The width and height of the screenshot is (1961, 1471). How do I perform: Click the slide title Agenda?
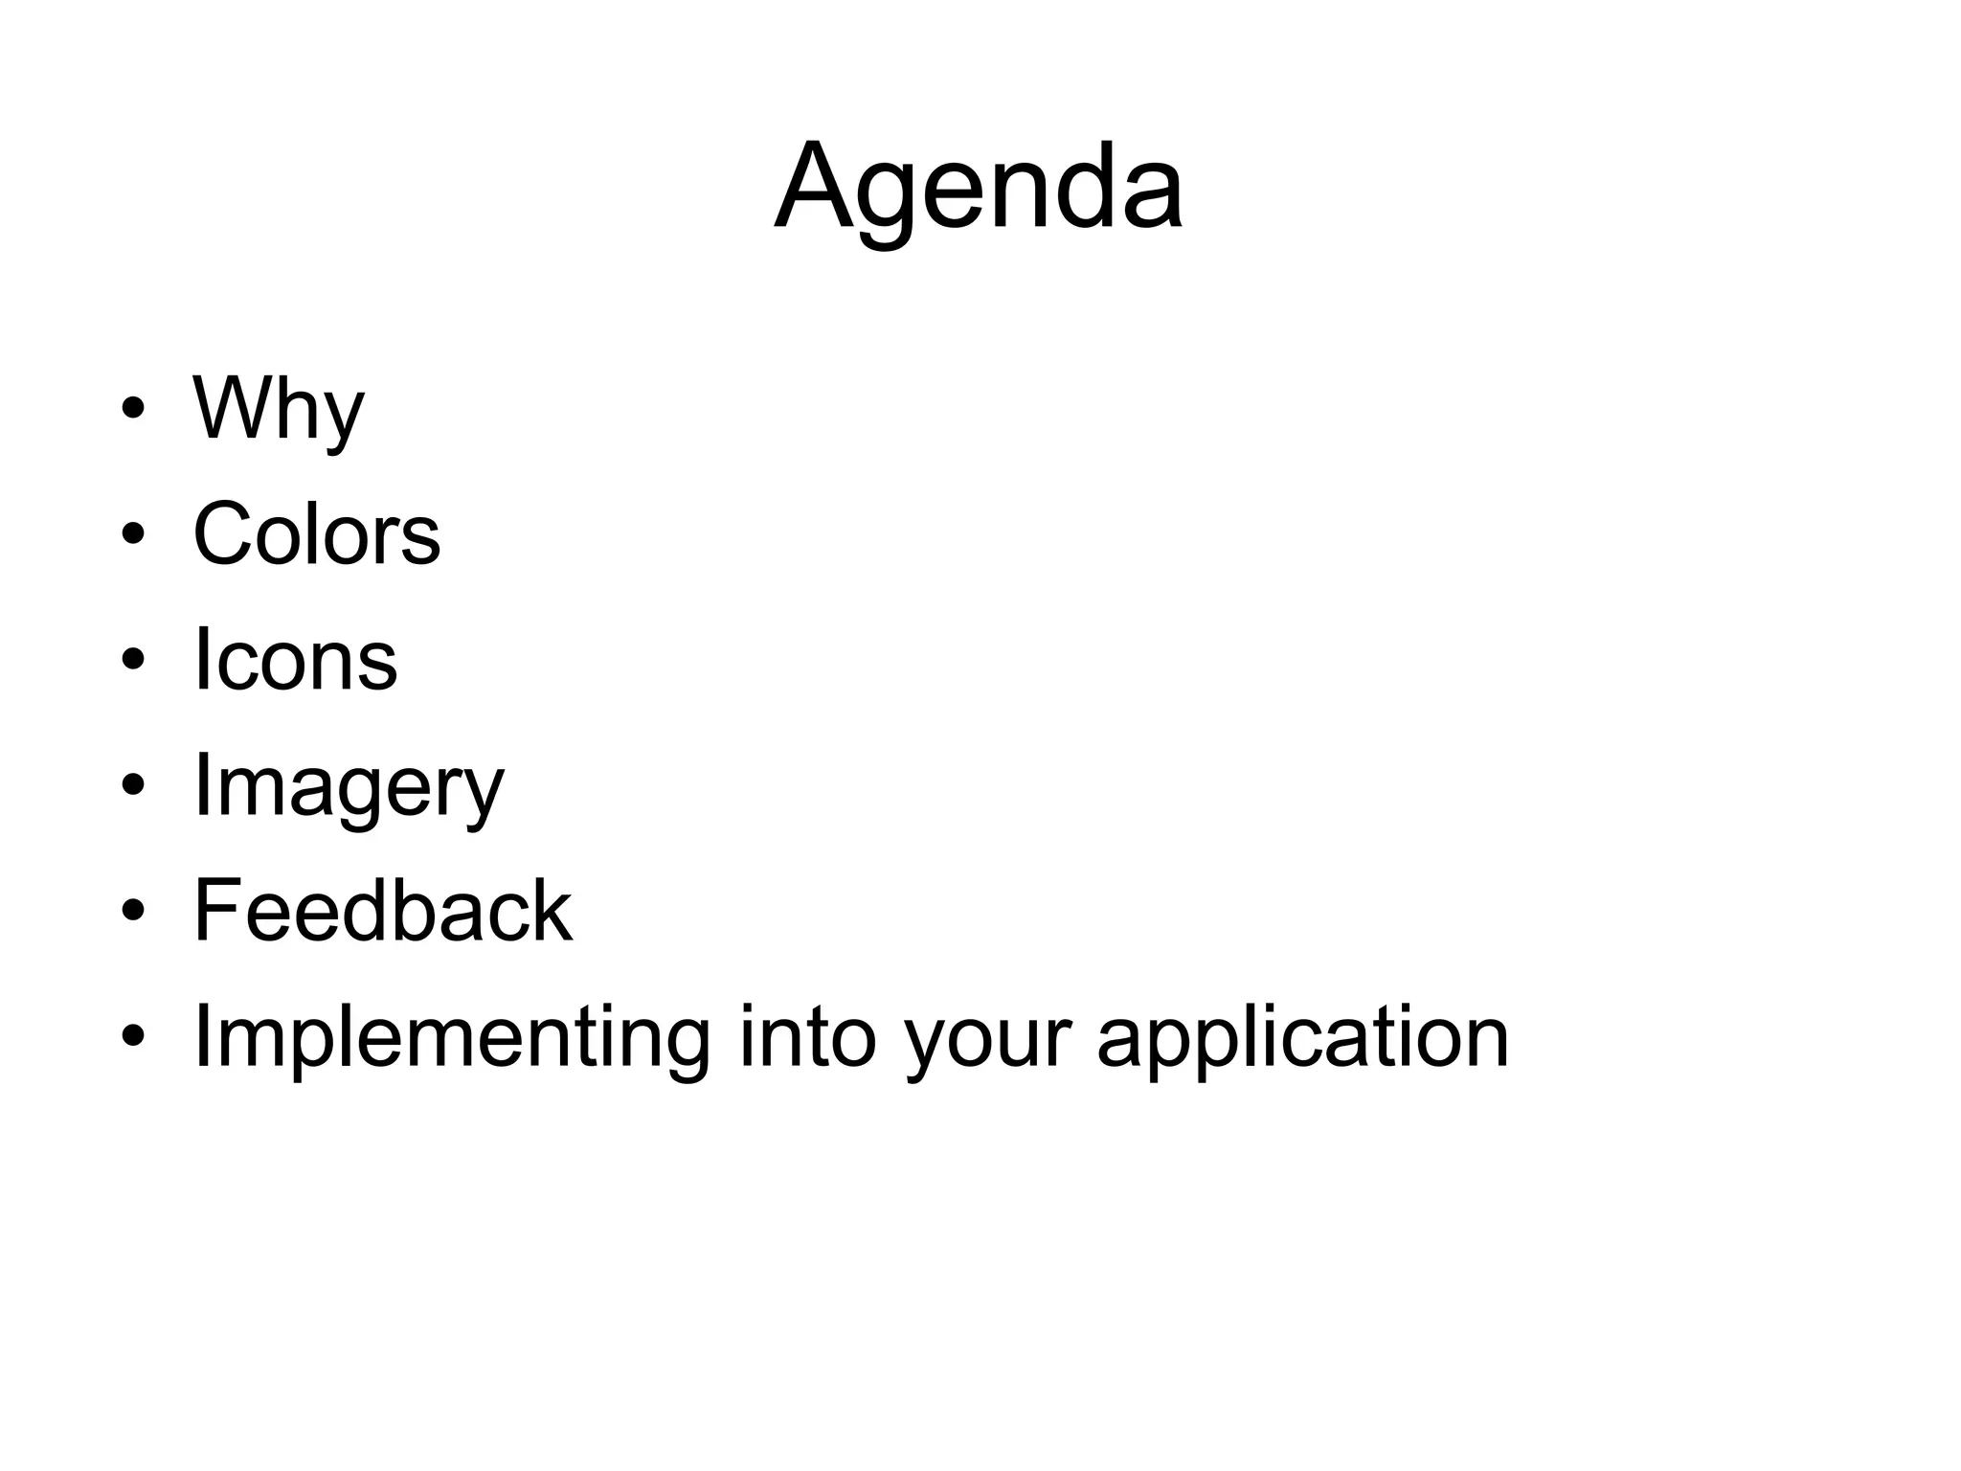(979, 188)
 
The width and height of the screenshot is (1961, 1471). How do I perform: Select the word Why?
(279, 409)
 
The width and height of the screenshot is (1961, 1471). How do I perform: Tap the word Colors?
(317, 533)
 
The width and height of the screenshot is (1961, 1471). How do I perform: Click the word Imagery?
(349, 787)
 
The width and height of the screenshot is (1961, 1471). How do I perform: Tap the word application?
(1302, 1038)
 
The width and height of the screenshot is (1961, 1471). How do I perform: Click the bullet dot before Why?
(133, 409)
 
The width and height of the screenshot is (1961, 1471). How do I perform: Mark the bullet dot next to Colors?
(133, 533)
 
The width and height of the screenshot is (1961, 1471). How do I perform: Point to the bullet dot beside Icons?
(133, 659)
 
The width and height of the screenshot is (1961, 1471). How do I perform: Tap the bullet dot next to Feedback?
(133, 910)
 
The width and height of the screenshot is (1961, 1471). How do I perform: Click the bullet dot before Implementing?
(133, 1036)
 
